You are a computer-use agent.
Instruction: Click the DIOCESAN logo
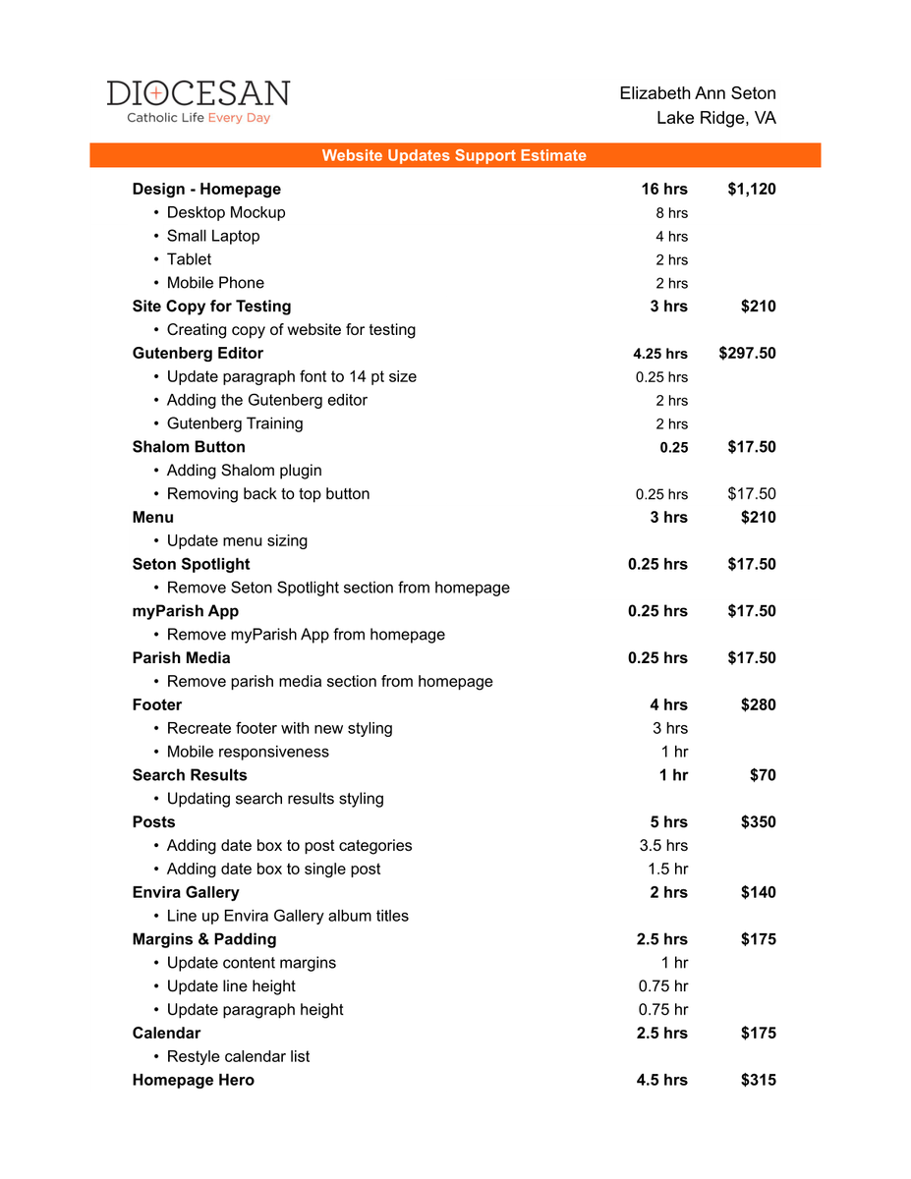coord(198,94)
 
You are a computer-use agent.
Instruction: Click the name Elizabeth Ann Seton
coord(697,93)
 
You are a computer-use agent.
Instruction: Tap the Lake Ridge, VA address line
coord(715,118)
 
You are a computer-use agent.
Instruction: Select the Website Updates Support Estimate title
coord(454,155)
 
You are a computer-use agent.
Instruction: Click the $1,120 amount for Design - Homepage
coord(751,189)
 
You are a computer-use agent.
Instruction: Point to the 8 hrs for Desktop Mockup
coord(671,213)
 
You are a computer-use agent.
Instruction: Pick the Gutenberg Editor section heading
coord(198,354)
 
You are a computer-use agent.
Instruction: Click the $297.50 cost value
coord(747,354)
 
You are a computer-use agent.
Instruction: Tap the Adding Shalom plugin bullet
coord(244,471)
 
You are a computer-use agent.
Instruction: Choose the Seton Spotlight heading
coord(191,564)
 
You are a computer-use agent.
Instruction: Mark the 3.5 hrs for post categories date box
coord(663,846)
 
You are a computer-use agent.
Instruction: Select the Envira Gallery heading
coord(186,892)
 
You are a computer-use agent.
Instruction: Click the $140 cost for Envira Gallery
coord(758,892)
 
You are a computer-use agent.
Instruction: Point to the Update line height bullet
coord(231,986)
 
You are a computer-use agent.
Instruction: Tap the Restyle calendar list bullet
coord(238,1056)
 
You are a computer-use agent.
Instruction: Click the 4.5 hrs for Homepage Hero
coord(661,1080)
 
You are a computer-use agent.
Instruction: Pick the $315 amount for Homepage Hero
coord(758,1080)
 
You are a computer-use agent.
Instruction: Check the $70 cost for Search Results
coord(763,775)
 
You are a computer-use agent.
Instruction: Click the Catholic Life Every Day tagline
coord(198,118)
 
